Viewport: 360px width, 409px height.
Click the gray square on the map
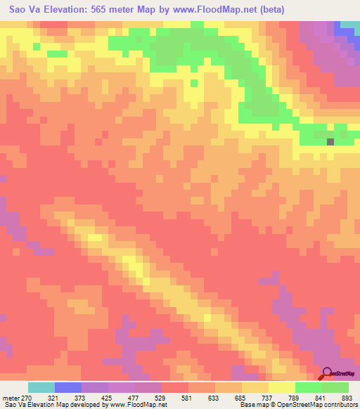pos(330,141)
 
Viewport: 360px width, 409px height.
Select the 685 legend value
pos(229,398)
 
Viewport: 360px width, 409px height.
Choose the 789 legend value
pos(283,398)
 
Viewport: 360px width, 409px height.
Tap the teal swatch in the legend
pos(41,387)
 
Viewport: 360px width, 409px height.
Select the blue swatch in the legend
pos(68,387)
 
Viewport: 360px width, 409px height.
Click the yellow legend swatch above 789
pos(282,387)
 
